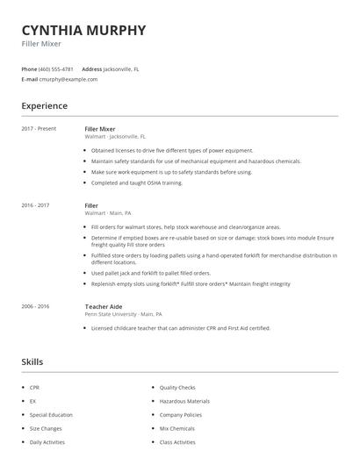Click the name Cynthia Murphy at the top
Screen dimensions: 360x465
click(83, 31)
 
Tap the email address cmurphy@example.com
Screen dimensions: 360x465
click(68, 79)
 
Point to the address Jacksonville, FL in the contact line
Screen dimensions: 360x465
click(121, 68)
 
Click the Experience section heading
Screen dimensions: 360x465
click(44, 106)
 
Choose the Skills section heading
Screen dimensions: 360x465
click(32, 361)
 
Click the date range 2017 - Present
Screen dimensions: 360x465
click(39, 129)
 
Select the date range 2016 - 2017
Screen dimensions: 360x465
click(35, 205)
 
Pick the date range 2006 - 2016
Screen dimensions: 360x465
click(35, 306)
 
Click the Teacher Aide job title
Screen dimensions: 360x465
click(104, 306)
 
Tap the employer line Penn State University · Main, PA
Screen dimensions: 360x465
click(123, 314)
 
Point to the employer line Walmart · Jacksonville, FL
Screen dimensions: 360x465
click(115, 137)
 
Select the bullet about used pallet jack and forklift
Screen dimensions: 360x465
click(150, 273)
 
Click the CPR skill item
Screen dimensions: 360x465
click(35, 386)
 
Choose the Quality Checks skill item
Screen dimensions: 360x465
click(176, 386)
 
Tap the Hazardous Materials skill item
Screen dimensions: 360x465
click(184, 400)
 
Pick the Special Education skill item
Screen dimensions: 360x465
click(51, 414)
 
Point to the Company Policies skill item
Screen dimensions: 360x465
click(181, 414)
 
